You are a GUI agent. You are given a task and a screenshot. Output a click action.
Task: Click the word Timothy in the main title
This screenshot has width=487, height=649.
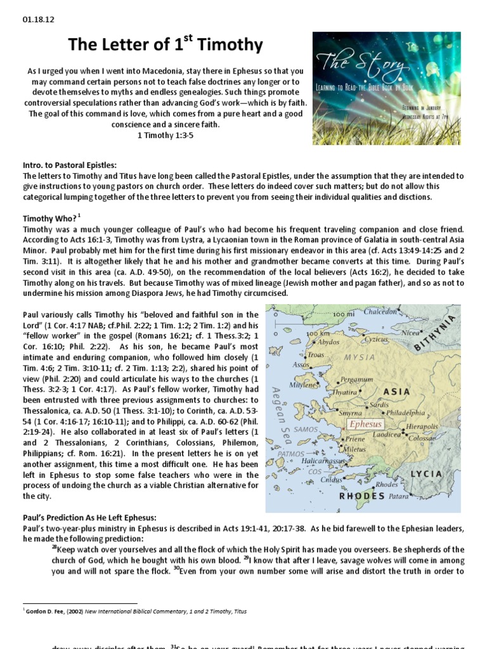tap(230, 45)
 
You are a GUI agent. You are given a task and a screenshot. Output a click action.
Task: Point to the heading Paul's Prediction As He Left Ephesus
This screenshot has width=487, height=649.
tap(89, 518)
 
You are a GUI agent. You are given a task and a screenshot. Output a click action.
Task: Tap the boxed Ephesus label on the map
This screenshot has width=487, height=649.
tap(366, 424)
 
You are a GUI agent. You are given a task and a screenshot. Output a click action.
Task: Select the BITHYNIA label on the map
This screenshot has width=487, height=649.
tap(435, 333)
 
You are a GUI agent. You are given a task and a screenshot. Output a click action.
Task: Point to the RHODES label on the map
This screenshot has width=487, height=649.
tap(362, 496)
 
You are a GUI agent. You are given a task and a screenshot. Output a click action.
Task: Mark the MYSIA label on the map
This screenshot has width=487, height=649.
tap(360, 358)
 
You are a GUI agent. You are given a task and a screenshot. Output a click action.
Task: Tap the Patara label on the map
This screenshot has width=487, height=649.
tap(399, 496)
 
